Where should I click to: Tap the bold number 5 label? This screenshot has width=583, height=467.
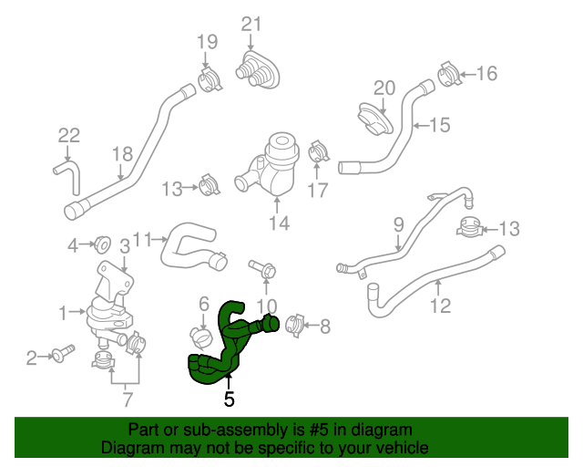tap(229, 399)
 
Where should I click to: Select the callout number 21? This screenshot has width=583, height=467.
tap(251, 25)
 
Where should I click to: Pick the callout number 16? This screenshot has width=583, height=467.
tap(487, 73)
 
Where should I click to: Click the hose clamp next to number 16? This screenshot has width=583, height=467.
tap(449, 73)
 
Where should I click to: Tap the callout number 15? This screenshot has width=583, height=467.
tap(440, 125)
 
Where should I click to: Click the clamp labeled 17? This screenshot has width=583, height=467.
tap(319, 150)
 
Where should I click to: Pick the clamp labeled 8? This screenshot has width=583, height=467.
tap(295, 324)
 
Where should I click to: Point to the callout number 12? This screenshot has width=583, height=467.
tap(440, 306)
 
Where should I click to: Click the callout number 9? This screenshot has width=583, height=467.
tap(398, 223)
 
